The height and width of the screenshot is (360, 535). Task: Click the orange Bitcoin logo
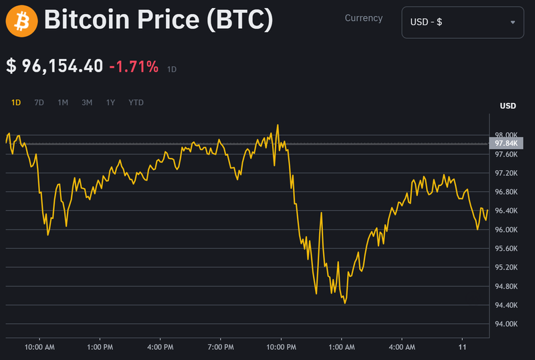(21, 20)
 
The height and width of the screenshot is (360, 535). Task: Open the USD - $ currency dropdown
(461, 22)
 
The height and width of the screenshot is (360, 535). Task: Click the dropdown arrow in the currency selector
(513, 22)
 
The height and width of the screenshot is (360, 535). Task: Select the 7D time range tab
(39, 102)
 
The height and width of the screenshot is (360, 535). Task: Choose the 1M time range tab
(63, 102)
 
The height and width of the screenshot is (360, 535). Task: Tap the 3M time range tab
(87, 102)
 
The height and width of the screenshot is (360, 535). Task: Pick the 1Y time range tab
(110, 102)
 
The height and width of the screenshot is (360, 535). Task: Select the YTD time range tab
(136, 102)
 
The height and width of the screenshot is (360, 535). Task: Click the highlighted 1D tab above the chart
(16, 102)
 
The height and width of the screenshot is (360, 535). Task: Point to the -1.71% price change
(134, 66)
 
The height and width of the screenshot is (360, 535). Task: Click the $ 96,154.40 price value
(55, 66)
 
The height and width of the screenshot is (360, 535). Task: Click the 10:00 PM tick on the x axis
(281, 347)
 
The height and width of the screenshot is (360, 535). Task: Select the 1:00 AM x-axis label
(341, 347)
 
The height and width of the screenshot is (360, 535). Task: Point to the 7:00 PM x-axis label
(220, 347)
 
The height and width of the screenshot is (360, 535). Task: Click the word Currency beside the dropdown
(364, 19)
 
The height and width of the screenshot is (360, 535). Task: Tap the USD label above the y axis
(508, 106)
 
